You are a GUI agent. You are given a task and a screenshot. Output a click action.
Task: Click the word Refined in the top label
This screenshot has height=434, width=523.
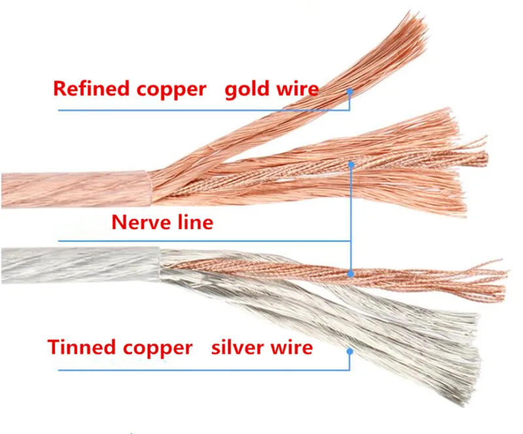point(91,88)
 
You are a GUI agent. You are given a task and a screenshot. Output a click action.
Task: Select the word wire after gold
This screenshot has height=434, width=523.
point(296,89)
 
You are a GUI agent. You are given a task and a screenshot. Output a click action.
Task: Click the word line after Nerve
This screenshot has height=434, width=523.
point(195,221)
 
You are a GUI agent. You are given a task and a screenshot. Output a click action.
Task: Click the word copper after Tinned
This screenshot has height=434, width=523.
point(158,349)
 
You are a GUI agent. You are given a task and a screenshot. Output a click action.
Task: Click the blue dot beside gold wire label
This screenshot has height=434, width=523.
point(350,91)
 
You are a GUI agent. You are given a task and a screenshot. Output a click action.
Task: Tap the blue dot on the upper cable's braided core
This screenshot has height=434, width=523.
point(351,164)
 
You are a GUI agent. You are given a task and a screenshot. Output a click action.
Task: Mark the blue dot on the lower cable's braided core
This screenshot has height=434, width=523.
point(350,274)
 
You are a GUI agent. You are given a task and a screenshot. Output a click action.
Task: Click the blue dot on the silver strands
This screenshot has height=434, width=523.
point(350,352)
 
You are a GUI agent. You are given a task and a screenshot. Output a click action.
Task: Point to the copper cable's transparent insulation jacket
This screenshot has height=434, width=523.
point(75,189)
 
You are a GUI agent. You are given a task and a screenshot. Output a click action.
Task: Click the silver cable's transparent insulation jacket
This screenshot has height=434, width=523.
point(80,265)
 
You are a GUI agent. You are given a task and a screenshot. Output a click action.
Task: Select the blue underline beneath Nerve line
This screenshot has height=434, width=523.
point(205,241)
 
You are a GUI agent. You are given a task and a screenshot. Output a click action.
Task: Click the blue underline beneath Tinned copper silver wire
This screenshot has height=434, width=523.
point(204,371)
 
